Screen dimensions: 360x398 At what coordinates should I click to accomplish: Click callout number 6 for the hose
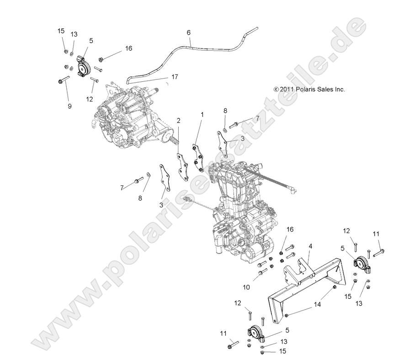point(188,32)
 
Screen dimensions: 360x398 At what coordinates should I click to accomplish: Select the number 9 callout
point(69,106)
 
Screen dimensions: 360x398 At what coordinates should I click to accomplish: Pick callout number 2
point(178,121)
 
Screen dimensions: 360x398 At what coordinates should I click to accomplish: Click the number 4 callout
point(310,246)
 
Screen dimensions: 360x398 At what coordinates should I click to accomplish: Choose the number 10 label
point(246,287)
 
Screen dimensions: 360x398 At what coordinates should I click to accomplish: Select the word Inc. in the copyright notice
point(339,90)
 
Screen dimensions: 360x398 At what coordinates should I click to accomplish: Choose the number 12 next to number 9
point(89,98)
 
